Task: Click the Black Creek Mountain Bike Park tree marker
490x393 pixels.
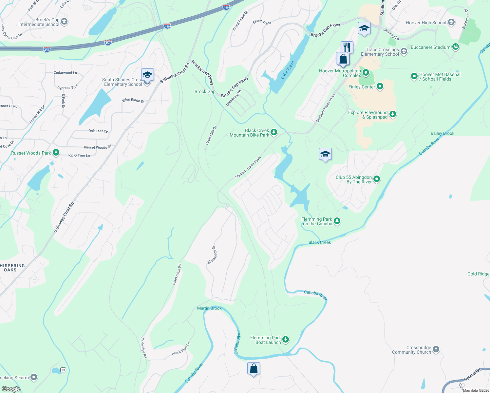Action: [x=274, y=132]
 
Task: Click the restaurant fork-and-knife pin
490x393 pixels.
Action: [x=347, y=47]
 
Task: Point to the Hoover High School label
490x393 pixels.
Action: [x=426, y=23]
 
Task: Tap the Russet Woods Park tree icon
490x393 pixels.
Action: [x=56, y=153]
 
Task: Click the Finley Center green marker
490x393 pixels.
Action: [x=380, y=86]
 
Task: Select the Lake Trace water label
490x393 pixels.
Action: [x=288, y=70]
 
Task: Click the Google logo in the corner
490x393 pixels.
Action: [x=11, y=389]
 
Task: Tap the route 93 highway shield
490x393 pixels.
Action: [x=63, y=370]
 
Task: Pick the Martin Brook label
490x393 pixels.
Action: [x=209, y=308]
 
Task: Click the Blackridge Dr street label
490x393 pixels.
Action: [x=212, y=255]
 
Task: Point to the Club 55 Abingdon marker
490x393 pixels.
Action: [x=377, y=179]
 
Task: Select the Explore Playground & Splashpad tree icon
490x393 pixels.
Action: [x=393, y=114]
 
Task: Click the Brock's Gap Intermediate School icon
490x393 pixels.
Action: [x=64, y=22]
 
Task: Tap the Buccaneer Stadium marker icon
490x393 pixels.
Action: [x=455, y=47]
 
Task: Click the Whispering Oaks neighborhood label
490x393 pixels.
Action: [x=12, y=268]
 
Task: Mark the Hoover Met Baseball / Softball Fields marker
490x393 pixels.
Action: [x=414, y=76]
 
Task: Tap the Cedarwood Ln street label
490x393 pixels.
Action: [x=65, y=73]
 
